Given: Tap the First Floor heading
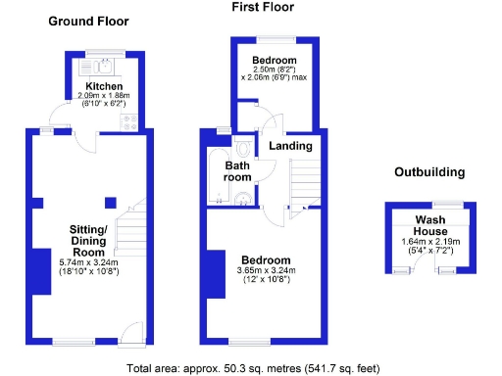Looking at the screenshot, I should [x=262, y=7].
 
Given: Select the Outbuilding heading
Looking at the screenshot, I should [x=429, y=172].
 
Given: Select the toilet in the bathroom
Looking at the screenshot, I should [x=244, y=150].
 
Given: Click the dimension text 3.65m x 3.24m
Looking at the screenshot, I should [x=263, y=271].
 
